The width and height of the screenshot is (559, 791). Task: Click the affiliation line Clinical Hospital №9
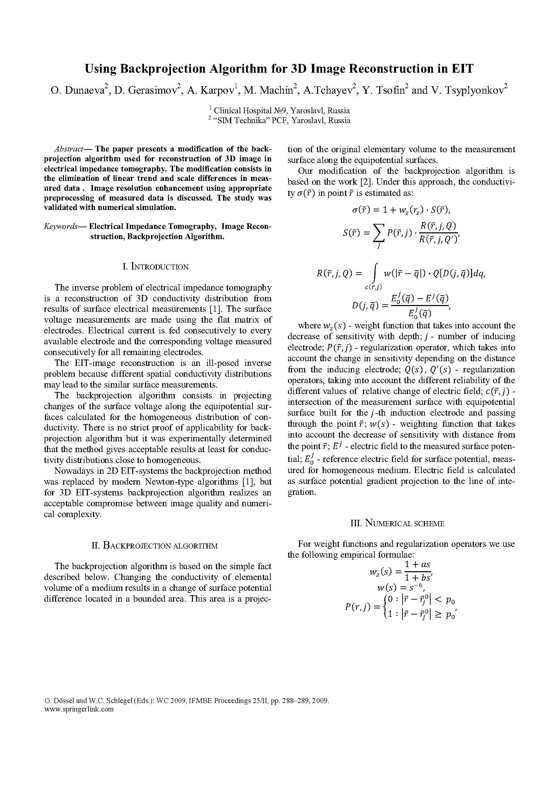(x=282, y=111)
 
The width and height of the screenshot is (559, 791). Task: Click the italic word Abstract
(x=69, y=149)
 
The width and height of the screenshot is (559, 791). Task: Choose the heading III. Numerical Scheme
(x=397, y=523)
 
